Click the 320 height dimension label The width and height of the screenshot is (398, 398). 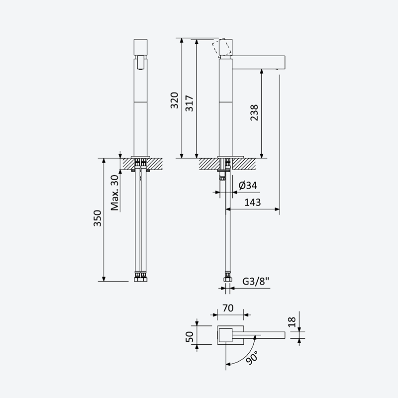click(x=175, y=100)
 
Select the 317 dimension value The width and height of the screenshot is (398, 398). click(x=190, y=103)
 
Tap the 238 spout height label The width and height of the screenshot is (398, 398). click(x=254, y=112)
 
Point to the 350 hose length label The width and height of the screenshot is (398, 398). click(x=98, y=218)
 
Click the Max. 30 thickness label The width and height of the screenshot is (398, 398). click(x=115, y=193)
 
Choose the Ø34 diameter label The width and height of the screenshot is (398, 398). click(x=248, y=185)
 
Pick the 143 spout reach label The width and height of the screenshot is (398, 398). click(x=253, y=202)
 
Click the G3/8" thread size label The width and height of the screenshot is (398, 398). click(x=256, y=281)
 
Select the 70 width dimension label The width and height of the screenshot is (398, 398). click(x=228, y=308)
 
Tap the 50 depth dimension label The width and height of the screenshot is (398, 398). click(x=190, y=337)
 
